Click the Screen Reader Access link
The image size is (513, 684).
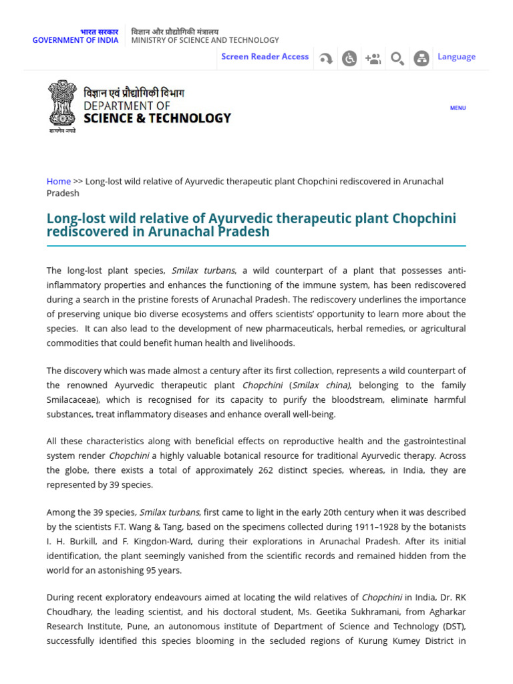(265, 57)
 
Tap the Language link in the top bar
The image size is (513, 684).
(456, 57)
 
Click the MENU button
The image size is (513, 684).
(458, 108)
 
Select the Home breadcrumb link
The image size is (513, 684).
(59, 181)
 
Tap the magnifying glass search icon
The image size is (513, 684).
(397, 59)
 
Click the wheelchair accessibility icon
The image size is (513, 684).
(349, 59)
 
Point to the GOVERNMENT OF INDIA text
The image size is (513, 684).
(75, 40)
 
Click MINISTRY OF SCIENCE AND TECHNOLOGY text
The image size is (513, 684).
(205, 40)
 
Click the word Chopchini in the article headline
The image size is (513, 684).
(424, 219)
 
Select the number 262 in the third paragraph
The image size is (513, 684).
(265, 470)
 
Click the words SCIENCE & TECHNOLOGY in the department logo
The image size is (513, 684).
(157, 118)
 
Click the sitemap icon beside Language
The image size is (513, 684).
(421, 59)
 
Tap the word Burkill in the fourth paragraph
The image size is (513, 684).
(83, 542)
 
